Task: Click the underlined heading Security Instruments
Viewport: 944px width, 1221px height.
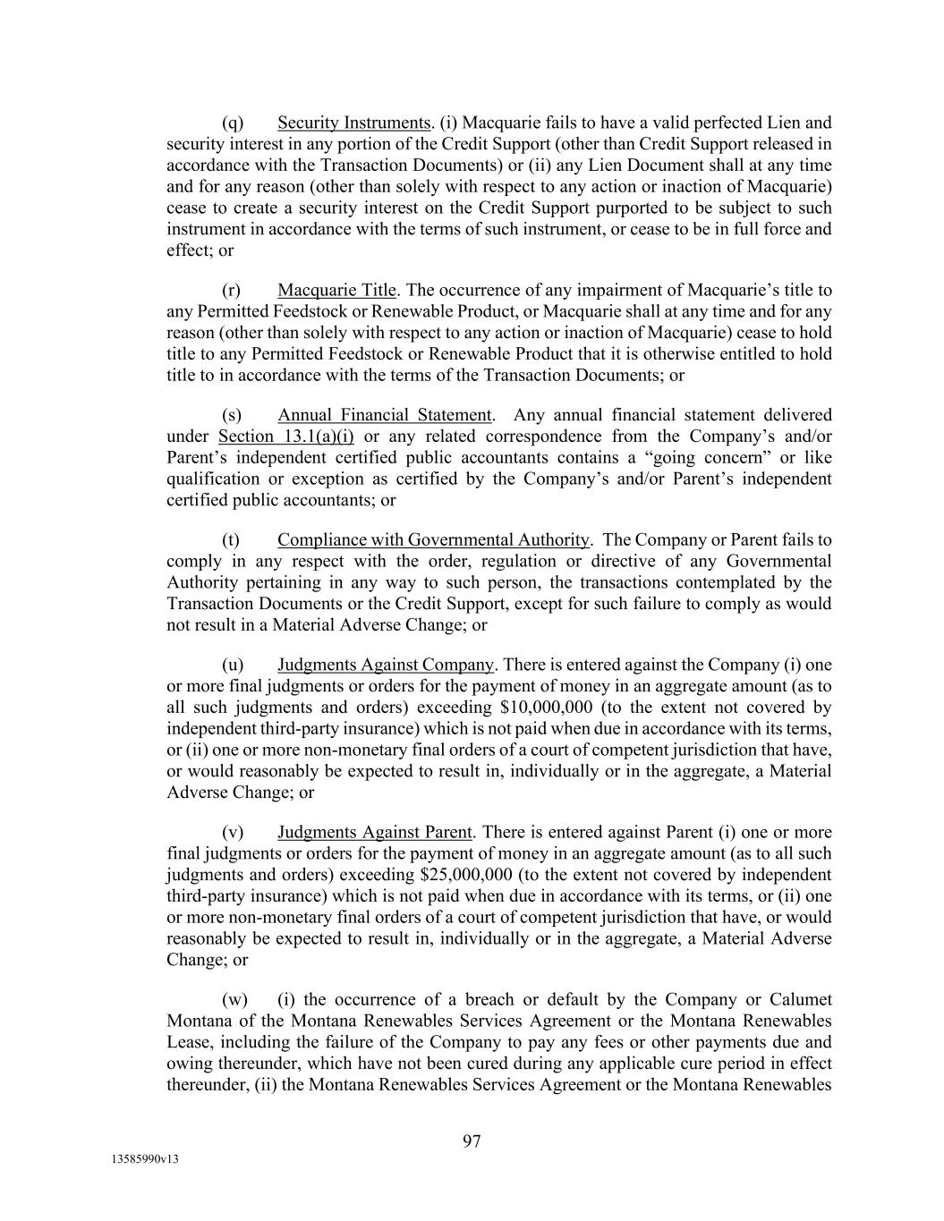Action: click(x=354, y=123)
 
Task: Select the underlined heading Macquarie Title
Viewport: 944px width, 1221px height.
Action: click(x=336, y=290)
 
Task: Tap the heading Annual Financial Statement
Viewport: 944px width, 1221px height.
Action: click(x=384, y=415)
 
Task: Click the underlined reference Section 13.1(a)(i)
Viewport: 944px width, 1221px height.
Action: click(x=286, y=437)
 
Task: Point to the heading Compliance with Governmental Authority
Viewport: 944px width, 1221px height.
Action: click(x=433, y=539)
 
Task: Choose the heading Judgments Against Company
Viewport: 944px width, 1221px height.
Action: click(x=385, y=665)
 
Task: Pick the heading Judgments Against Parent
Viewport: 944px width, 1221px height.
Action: click(x=374, y=832)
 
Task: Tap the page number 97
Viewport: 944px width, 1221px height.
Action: click(x=472, y=1140)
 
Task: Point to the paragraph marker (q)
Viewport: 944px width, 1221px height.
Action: click(x=233, y=123)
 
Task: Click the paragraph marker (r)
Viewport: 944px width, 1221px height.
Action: click(x=232, y=290)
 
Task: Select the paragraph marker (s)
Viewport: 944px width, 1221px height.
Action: click(x=232, y=415)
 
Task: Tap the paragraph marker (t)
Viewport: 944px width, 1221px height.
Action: click(x=231, y=539)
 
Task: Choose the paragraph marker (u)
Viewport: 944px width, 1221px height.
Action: click(x=233, y=665)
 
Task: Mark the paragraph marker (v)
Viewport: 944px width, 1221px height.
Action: click(x=233, y=832)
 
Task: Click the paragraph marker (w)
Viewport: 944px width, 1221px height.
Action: click(x=234, y=1000)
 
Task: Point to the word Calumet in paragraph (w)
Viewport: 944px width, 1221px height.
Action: click(x=801, y=1000)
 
